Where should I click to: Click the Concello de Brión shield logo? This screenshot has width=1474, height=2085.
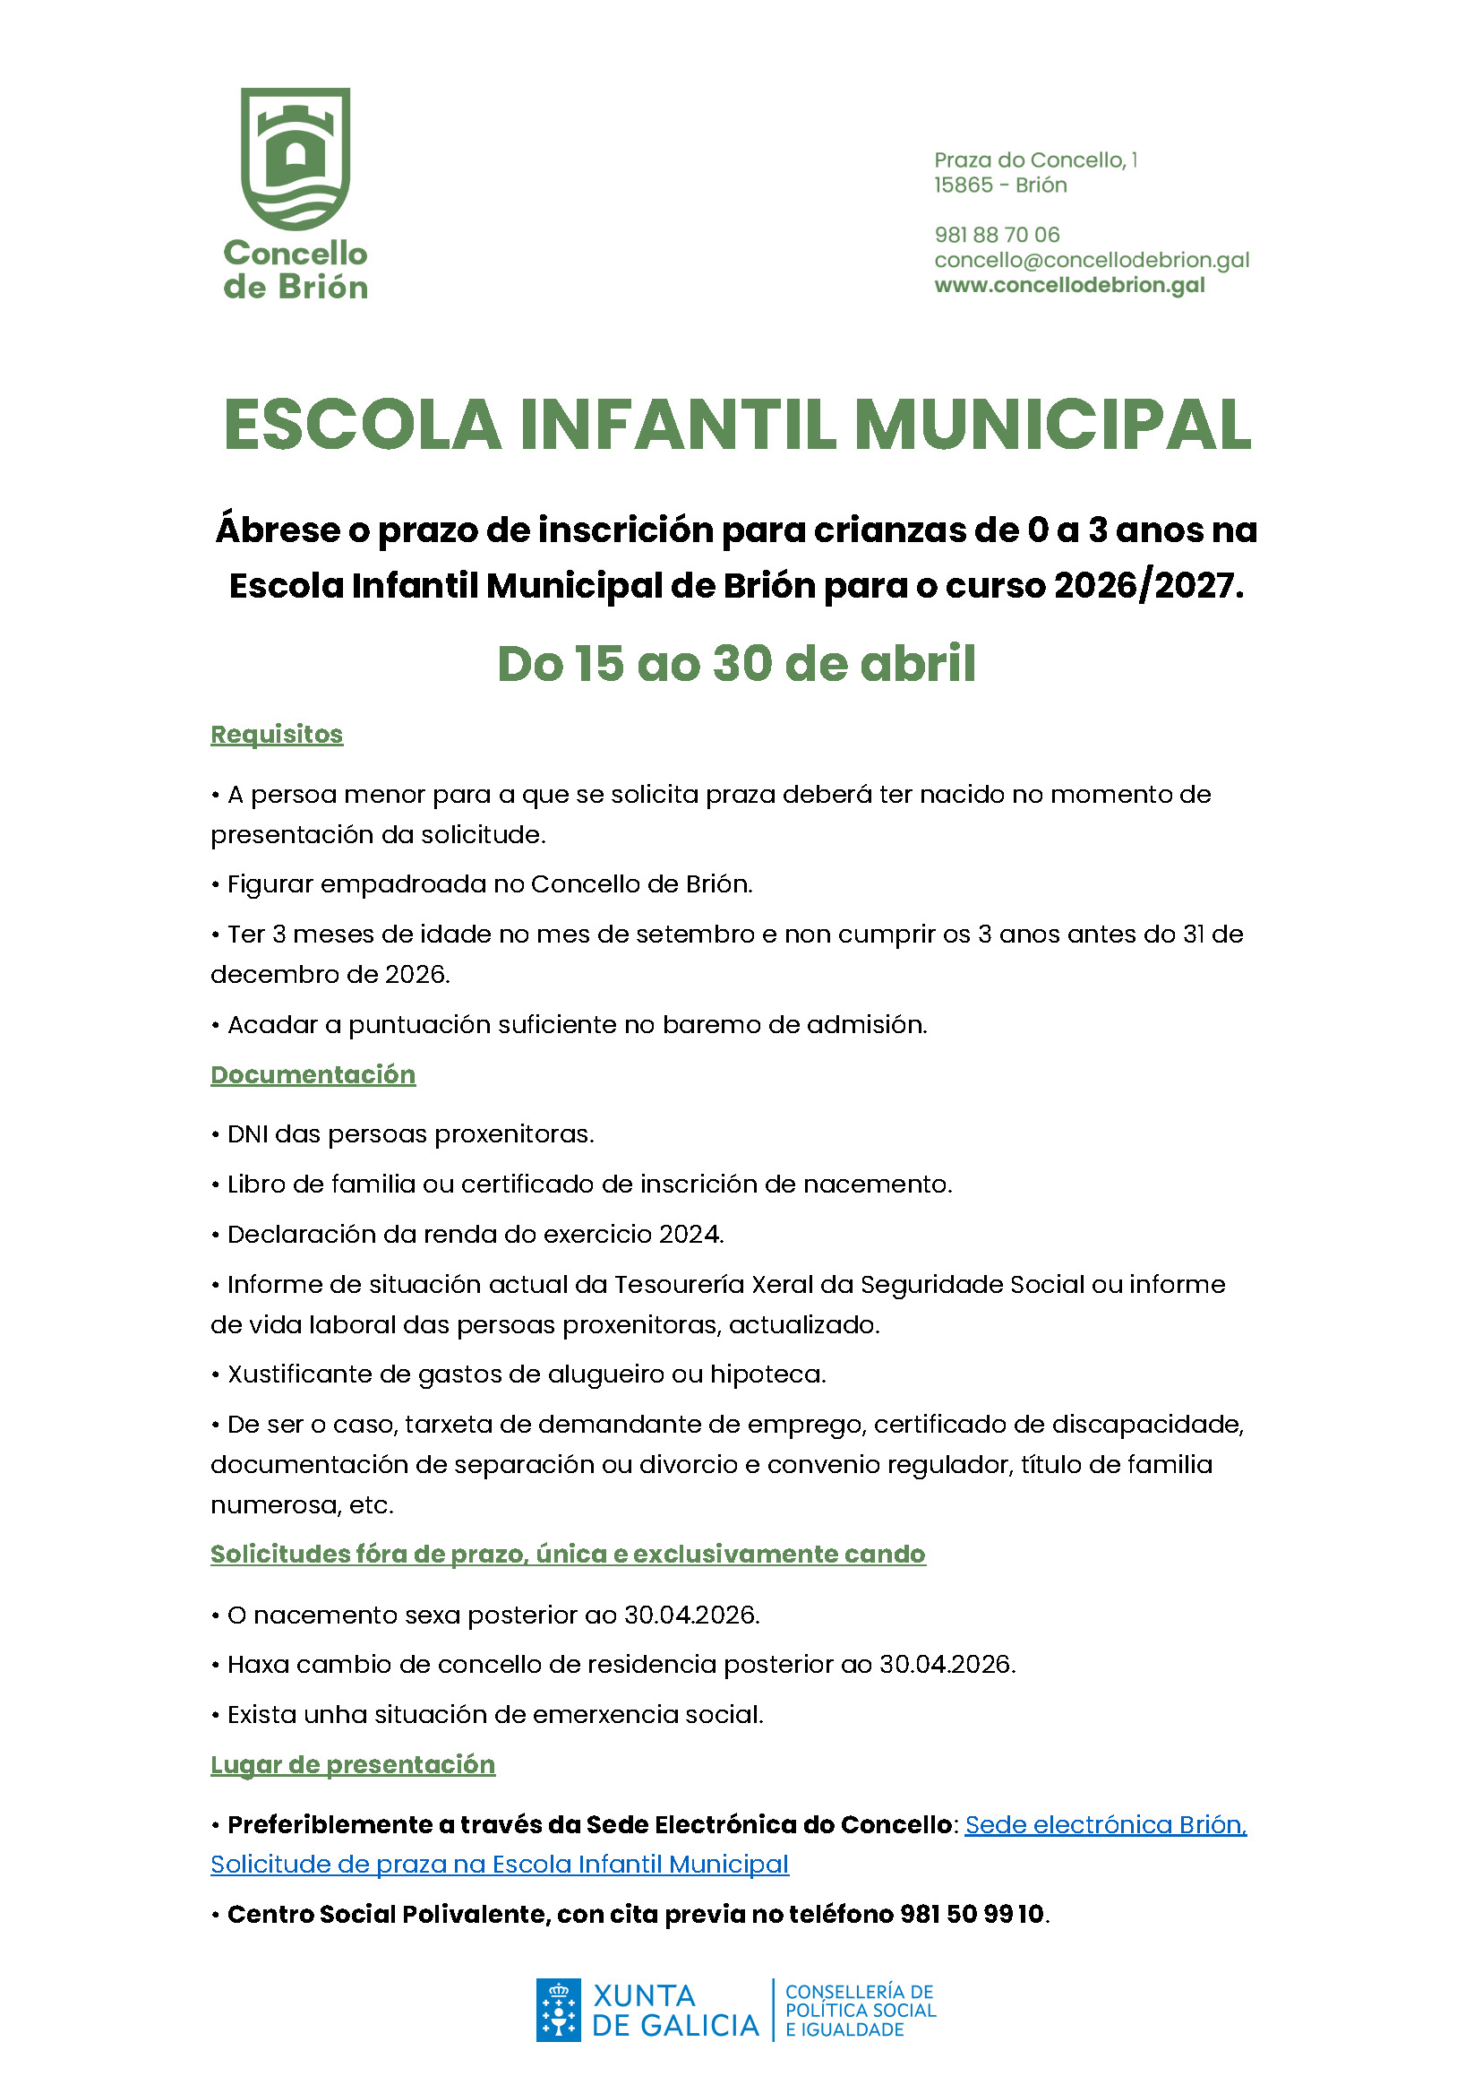pos(295,158)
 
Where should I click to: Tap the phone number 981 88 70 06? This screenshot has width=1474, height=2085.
pos(997,235)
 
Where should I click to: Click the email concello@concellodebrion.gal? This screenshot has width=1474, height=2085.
pos(1091,260)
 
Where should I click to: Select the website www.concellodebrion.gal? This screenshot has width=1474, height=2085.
pos(1069,285)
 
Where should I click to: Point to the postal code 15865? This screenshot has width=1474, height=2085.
pos(963,185)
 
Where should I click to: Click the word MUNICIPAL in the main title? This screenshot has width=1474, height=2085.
pos(1053,425)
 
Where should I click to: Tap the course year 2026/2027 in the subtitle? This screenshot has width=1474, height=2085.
pos(1147,586)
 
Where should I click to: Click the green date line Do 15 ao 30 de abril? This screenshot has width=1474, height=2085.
pos(736,664)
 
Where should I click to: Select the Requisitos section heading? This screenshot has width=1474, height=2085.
pos(277,734)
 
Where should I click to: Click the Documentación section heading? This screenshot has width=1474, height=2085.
pos(313,1074)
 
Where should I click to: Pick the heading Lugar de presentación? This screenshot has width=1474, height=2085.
pos(353,1764)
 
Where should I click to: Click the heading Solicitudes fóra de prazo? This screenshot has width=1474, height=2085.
pos(568,1554)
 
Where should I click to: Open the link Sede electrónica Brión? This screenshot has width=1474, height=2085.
pos(1105,1825)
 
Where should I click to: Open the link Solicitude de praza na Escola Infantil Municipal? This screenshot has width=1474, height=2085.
pos(499,1865)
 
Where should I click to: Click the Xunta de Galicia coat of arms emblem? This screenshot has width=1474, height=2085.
pos(558,2011)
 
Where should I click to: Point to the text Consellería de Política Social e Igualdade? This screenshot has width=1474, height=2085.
pos(860,2011)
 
